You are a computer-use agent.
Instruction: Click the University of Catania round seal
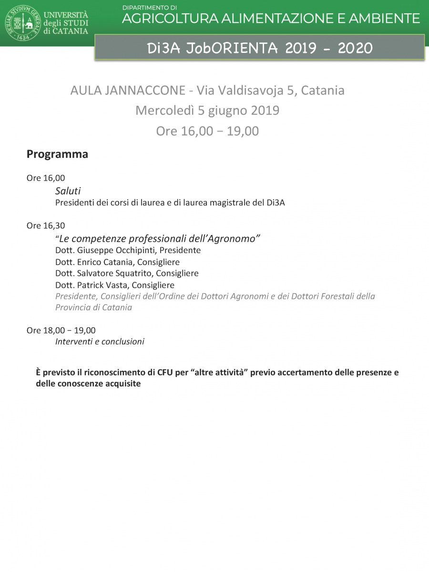click(23, 23)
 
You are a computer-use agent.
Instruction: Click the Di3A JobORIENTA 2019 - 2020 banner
click(259, 48)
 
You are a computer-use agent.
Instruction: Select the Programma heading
click(57, 154)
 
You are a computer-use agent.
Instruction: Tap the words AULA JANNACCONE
click(127, 90)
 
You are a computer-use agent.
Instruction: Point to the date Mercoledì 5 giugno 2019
click(207, 111)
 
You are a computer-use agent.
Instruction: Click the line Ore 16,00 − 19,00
click(207, 131)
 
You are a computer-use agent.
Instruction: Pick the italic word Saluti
click(68, 191)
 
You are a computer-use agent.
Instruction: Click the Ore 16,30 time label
click(46, 226)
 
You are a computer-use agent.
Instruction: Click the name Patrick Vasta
click(101, 285)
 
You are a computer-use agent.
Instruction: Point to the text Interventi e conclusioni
click(100, 342)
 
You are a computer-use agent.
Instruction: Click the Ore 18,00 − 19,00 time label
click(61, 330)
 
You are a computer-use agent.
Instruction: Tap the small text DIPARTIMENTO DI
click(149, 8)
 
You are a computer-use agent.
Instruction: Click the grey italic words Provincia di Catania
click(93, 307)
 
